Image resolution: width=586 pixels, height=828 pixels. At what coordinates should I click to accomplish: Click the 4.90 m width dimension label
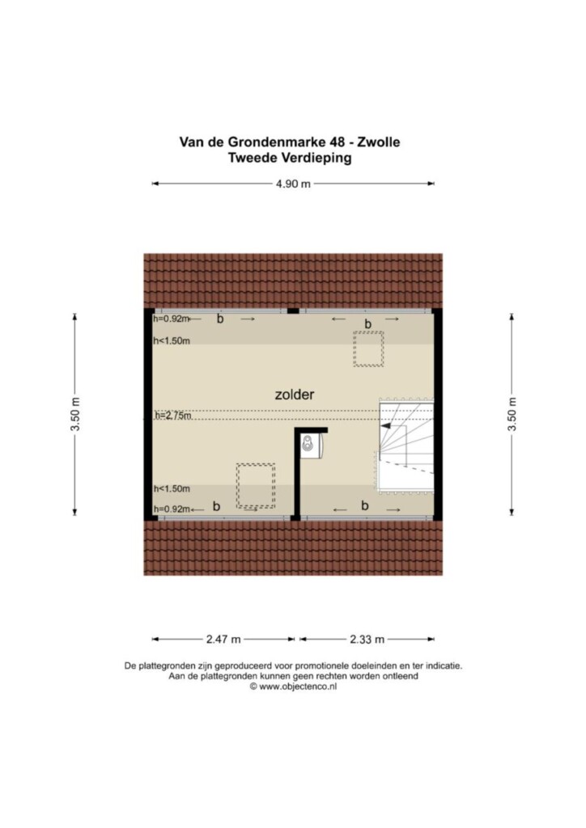[293, 184]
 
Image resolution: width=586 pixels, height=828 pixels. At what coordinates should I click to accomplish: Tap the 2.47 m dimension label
[223, 640]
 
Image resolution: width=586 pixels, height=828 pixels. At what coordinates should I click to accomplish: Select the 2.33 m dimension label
[367, 640]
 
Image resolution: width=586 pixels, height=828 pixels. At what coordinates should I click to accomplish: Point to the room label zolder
[295, 395]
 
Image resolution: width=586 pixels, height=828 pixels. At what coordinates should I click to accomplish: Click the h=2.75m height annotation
[172, 416]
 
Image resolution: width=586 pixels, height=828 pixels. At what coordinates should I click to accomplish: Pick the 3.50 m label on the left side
[75, 413]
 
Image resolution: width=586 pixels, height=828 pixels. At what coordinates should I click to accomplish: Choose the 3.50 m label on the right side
[512, 413]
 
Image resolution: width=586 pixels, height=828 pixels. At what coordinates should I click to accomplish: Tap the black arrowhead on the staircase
[386, 425]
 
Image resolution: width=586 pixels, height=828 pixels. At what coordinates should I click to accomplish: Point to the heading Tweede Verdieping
[290, 158]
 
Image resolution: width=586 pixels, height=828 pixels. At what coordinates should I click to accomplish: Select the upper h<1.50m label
[172, 341]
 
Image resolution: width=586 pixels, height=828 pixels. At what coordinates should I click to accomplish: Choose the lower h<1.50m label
[172, 489]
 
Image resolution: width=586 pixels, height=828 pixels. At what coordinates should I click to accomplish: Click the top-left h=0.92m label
[172, 319]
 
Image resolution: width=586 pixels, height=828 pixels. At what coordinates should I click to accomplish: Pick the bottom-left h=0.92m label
[172, 509]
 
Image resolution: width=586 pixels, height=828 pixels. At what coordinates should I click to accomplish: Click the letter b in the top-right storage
[367, 323]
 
